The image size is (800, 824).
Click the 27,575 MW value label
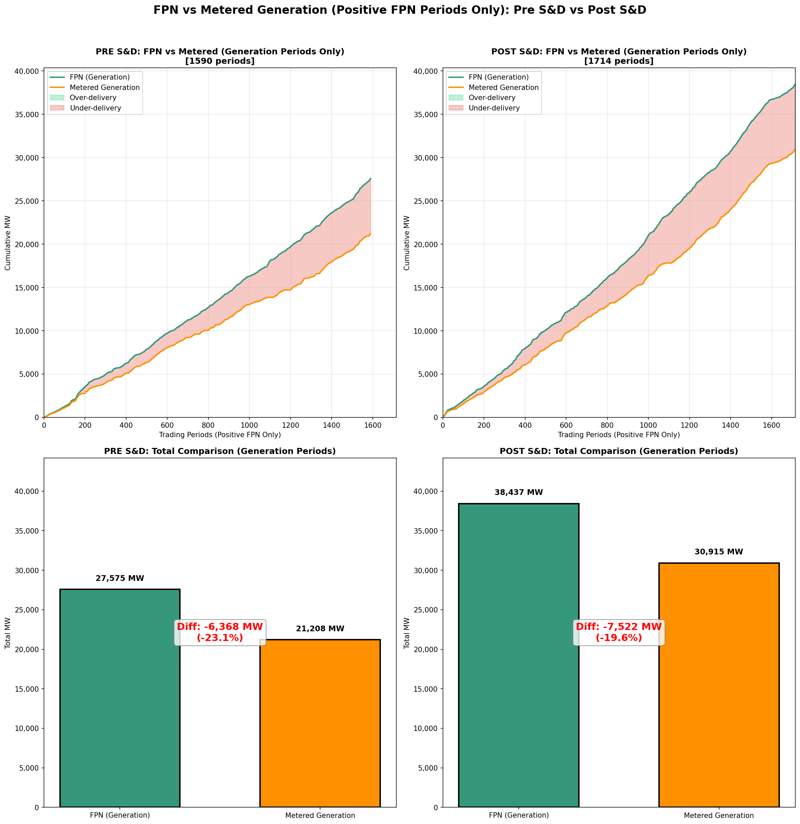120,579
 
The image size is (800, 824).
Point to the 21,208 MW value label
320,629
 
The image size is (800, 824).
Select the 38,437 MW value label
518,493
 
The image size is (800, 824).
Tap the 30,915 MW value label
718,552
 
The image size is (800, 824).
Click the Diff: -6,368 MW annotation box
220,632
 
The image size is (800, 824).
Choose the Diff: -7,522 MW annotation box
618,632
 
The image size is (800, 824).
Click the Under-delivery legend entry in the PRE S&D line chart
95,108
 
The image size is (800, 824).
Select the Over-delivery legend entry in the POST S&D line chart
492,97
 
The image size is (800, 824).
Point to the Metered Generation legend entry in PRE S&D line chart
105,87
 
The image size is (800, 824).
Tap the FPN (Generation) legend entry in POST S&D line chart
498,77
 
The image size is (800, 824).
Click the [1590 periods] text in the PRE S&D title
220,61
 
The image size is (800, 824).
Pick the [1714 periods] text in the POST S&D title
618,61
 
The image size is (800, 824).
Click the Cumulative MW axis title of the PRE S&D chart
8,243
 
